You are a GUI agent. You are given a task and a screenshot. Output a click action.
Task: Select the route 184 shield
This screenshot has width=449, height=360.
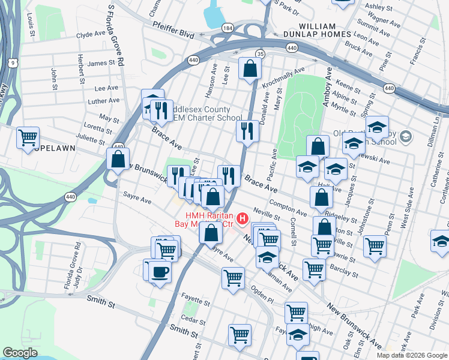tap(227, 28)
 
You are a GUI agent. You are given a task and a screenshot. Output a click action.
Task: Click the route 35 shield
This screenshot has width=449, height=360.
tap(261, 54)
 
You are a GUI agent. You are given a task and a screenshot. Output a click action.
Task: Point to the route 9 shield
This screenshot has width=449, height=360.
tap(13, 62)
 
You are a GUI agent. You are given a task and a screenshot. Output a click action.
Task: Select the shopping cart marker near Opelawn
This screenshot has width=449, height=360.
tap(28, 137)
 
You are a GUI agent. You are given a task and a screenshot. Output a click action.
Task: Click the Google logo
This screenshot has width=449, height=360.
tap(20, 353)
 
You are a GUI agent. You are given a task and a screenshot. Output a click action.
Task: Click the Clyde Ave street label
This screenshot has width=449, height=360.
tap(91, 35)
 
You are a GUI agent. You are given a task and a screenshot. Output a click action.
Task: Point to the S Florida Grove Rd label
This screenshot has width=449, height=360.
tap(116, 36)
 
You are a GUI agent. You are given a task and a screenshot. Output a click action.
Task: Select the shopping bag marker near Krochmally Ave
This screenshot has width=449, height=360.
tap(249, 69)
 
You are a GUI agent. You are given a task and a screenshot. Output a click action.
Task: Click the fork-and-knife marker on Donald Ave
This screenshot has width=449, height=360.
tap(247, 130)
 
